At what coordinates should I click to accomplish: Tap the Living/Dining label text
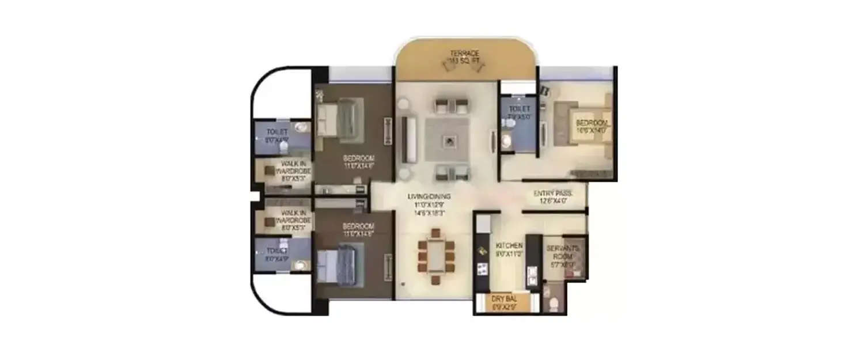(429, 196)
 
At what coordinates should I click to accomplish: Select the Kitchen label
(510, 245)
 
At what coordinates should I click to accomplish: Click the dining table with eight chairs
(436, 256)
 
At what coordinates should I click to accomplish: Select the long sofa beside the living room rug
(408, 139)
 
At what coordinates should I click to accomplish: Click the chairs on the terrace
(464, 66)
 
